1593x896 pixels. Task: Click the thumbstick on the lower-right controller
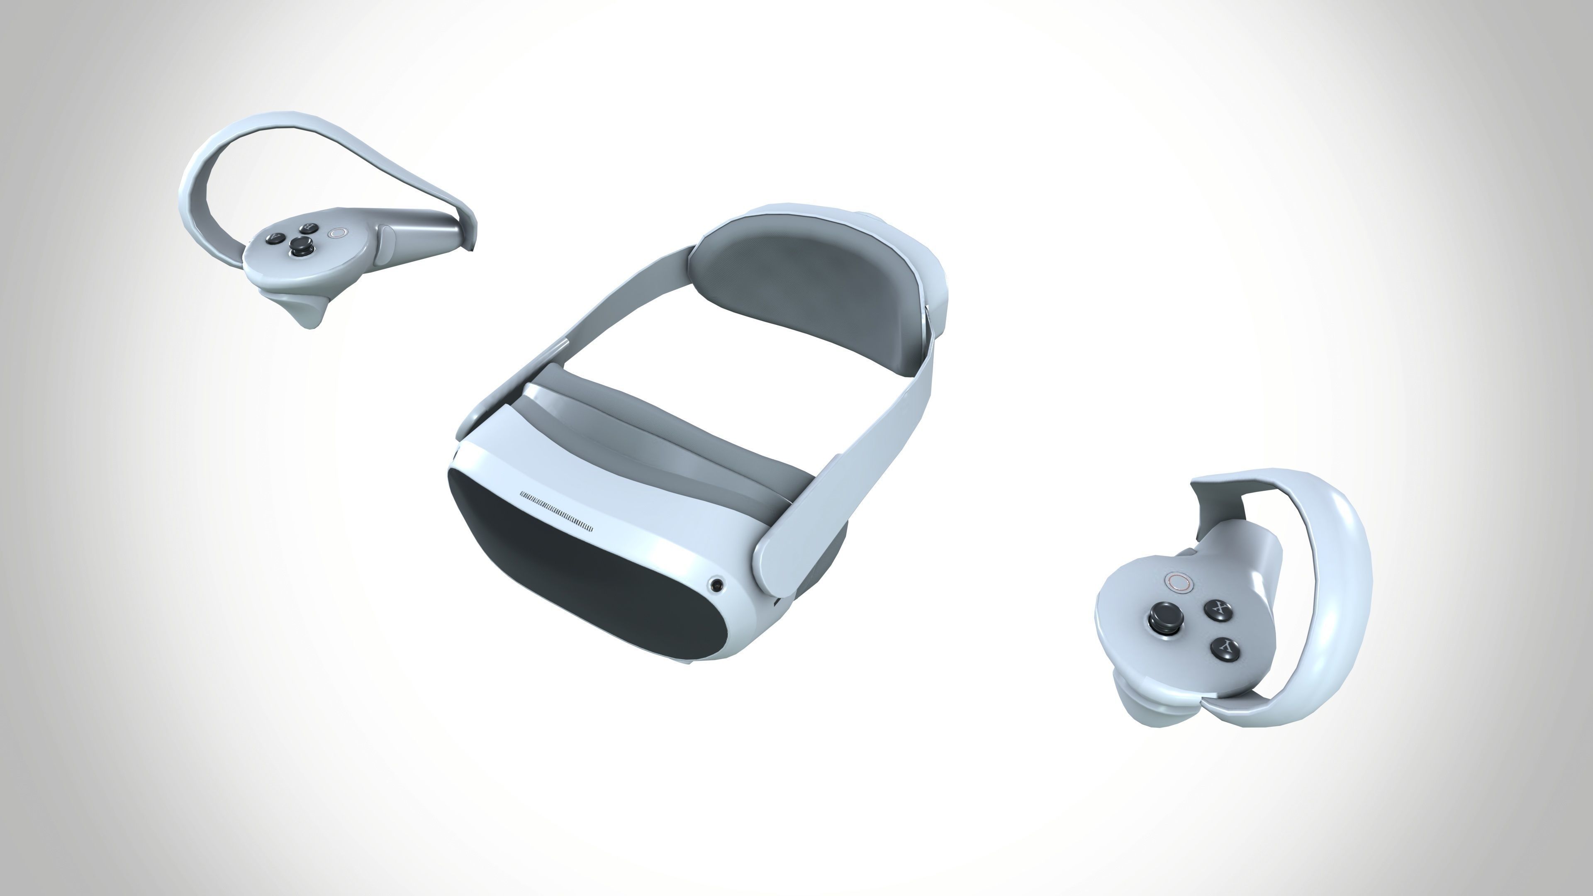(x=1163, y=617)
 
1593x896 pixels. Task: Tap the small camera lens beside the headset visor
(x=717, y=584)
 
